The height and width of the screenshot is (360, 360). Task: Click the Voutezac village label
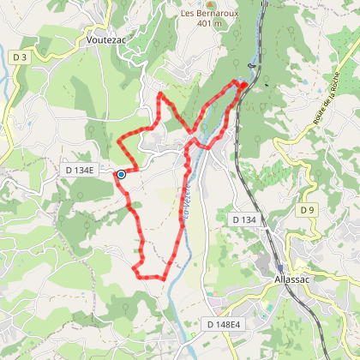click(107, 39)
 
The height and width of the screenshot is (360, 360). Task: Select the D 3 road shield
click(20, 57)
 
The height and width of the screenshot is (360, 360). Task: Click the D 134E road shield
click(82, 171)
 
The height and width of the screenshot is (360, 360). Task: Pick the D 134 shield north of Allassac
click(243, 220)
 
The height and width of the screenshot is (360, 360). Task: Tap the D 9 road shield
click(307, 210)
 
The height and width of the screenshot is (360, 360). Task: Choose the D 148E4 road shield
click(225, 324)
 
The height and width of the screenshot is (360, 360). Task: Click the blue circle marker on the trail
click(121, 174)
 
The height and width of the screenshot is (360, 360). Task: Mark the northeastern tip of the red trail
click(243, 84)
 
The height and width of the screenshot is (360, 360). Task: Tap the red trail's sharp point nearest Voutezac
click(162, 91)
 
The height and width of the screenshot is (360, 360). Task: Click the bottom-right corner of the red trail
click(165, 279)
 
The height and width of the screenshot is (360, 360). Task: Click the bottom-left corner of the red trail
click(135, 271)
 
